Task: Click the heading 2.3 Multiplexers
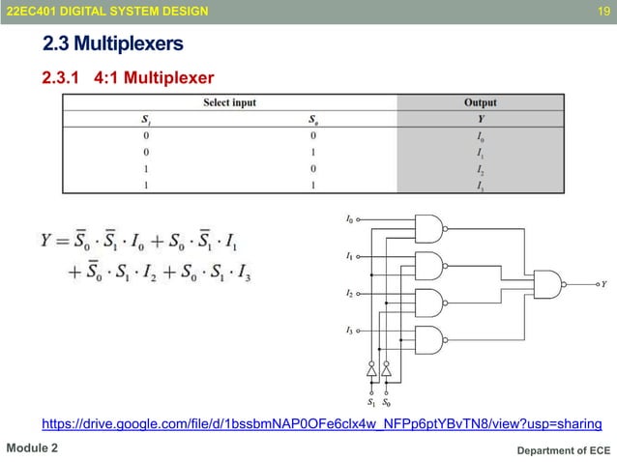(112, 44)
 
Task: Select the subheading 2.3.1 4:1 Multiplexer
(127, 77)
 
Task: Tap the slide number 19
(602, 11)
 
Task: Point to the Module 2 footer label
(33, 449)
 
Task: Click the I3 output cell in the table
(480, 187)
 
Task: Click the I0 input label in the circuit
(349, 220)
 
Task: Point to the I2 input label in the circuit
(349, 292)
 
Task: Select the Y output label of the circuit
(604, 285)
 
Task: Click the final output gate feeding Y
(550, 284)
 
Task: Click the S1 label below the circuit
(372, 401)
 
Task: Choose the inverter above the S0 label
(386, 370)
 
